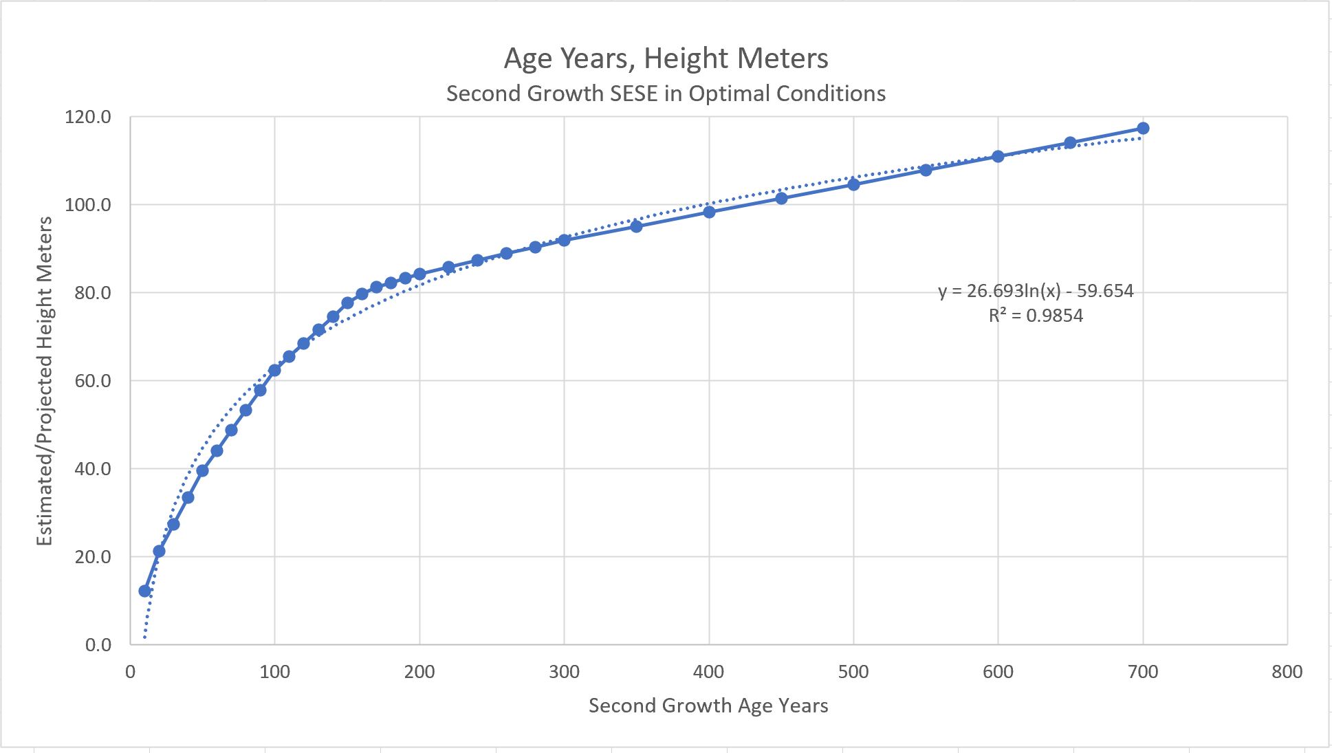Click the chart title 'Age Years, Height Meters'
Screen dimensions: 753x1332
(x=666, y=58)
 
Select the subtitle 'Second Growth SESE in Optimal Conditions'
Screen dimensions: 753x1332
(x=666, y=94)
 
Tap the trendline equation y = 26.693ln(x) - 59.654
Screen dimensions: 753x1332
(x=1036, y=291)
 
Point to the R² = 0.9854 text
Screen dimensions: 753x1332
(x=1036, y=316)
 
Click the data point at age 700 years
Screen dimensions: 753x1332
(x=1143, y=129)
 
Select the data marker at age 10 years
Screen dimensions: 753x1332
(x=144, y=591)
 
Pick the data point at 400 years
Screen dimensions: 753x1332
(x=709, y=212)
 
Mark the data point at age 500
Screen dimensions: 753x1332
(x=853, y=184)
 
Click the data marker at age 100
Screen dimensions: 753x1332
(x=274, y=370)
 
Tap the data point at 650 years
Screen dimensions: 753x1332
(x=1070, y=143)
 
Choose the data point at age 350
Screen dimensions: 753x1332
(x=636, y=226)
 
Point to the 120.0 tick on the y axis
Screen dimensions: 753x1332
(x=87, y=117)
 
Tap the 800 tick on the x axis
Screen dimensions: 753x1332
(x=1287, y=672)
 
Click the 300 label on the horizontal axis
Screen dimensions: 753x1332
(x=564, y=672)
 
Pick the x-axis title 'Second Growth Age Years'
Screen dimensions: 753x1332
(x=708, y=706)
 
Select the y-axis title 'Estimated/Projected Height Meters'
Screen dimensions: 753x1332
(x=44, y=381)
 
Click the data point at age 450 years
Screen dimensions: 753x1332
(x=781, y=199)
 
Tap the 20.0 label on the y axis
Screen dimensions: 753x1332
(x=91, y=557)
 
